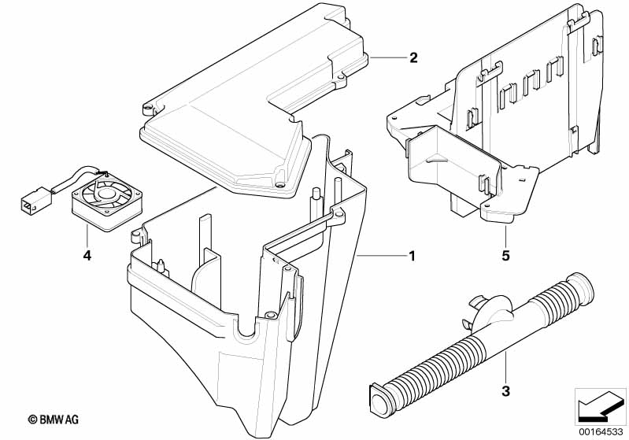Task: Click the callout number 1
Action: pos(412,256)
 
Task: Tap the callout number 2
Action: pos(413,57)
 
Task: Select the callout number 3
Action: pos(505,390)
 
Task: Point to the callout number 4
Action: pos(87,255)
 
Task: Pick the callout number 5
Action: pos(505,255)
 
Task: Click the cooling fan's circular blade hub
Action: pos(106,194)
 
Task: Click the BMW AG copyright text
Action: pos(54,420)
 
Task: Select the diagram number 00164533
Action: pos(601,432)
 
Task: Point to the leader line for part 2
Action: pos(387,58)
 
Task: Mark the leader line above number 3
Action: pos(506,366)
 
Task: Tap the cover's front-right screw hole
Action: pos(280,185)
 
